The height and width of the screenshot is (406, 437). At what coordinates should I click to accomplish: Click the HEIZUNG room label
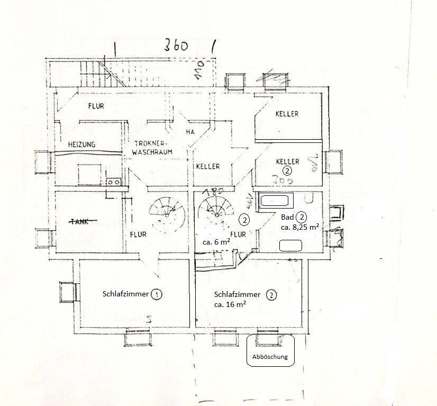[81, 145]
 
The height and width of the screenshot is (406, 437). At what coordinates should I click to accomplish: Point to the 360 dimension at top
[177, 46]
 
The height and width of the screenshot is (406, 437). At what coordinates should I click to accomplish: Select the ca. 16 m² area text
[230, 305]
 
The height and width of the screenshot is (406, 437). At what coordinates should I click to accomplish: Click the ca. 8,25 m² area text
[299, 228]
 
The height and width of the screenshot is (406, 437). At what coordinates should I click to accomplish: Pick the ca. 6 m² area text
[215, 242]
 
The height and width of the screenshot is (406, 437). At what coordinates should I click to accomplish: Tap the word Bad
[287, 218]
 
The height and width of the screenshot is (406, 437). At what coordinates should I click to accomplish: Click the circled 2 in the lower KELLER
[287, 171]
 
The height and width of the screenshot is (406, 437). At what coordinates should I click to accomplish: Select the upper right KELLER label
[287, 114]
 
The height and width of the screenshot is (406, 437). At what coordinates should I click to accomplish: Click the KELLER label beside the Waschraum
[208, 167]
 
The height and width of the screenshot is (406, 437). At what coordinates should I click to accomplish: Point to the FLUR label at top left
[96, 106]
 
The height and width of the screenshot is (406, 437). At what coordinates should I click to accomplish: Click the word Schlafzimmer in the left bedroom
[125, 294]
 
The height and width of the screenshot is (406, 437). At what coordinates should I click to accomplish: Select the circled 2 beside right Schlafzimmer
[271, 295]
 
